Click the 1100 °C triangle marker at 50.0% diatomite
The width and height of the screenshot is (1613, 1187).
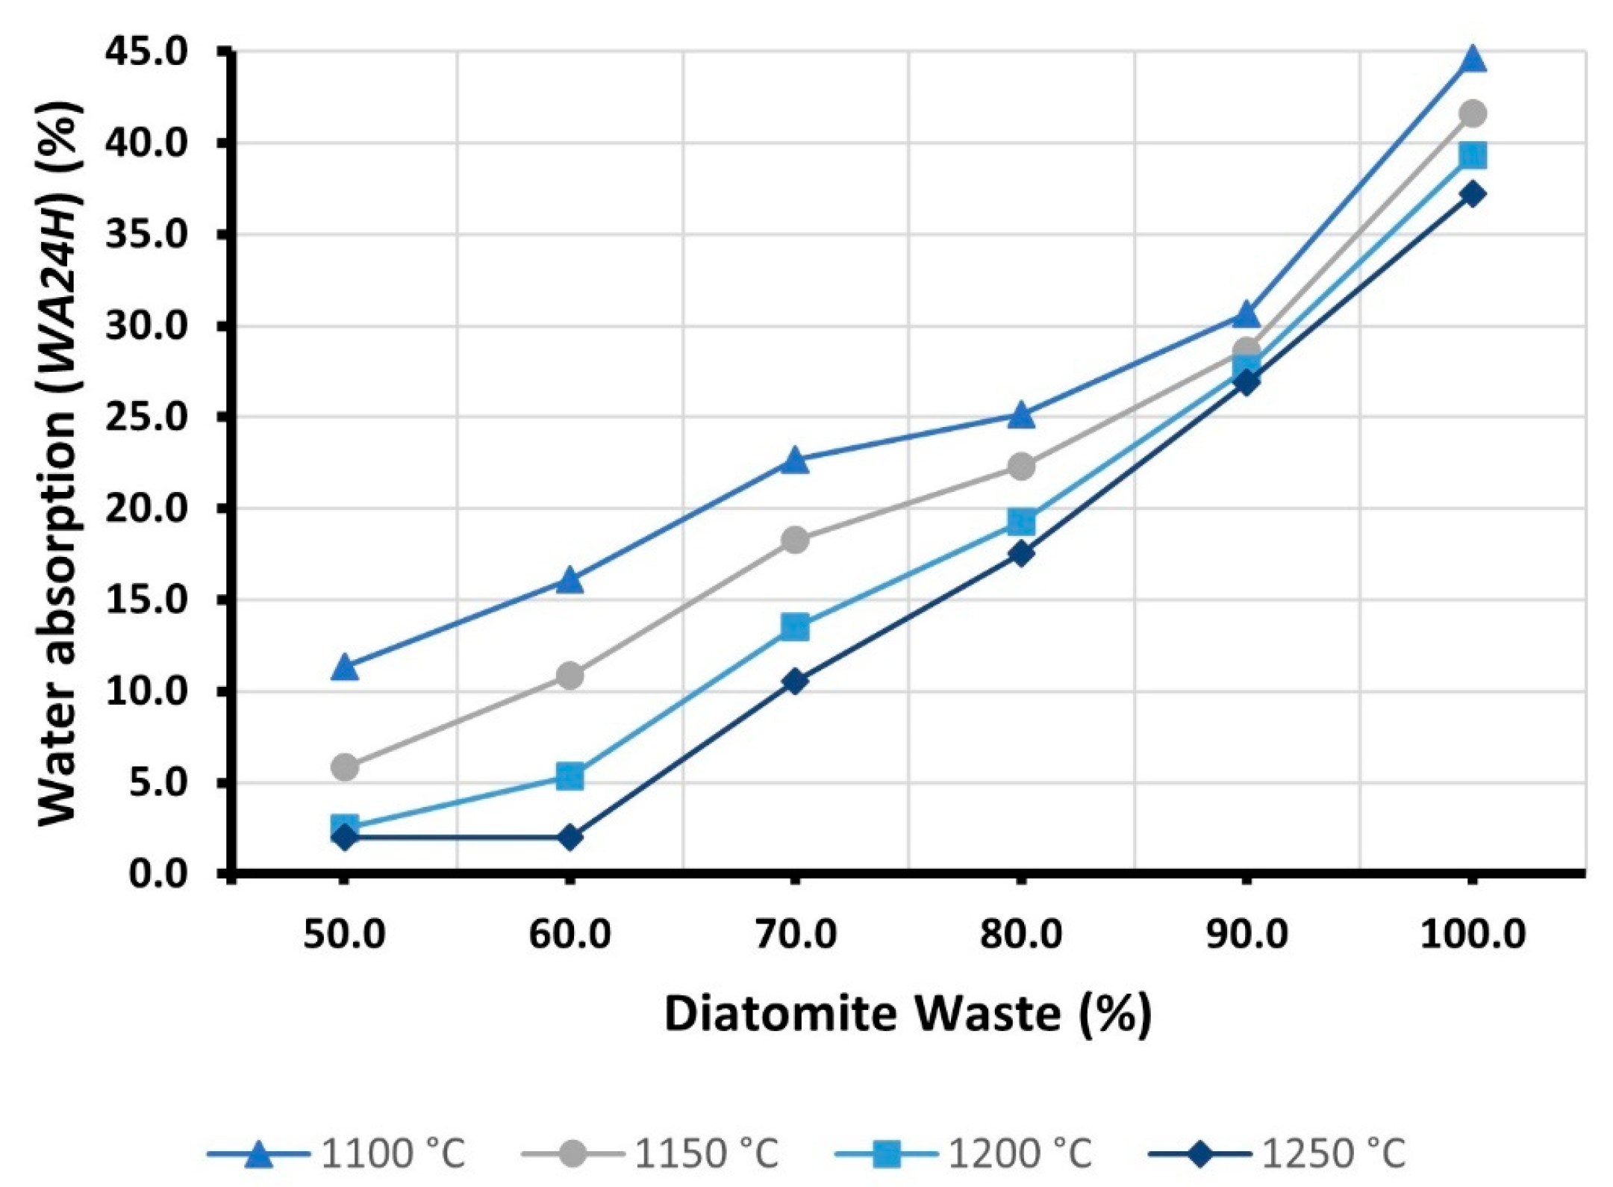tap(344, 667)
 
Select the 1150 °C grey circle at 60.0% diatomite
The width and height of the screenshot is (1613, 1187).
tap(570, 676)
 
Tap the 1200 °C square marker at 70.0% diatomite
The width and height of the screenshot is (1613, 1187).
tap(795, 628)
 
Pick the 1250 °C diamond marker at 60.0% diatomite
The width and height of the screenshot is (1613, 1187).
tap(570, 838)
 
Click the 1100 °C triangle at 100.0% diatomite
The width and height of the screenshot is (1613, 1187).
tap(1472, 59)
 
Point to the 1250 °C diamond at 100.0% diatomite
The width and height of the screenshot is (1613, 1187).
tap(1472, 194)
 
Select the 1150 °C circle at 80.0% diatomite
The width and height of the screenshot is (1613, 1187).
tap(1021, 467)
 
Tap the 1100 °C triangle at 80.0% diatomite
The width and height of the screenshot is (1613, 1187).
tap(1021, 415)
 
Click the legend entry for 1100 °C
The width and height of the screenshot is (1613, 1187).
tap(336, 1153)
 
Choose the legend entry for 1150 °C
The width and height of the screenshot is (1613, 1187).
tap(649, 1153)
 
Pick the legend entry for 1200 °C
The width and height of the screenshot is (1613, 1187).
tap(963, 1153)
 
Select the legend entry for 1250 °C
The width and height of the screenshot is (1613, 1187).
tap(1276, 1153)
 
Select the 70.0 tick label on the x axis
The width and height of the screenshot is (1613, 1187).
tap(795, 935)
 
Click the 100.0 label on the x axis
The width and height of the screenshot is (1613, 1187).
tap(1472, 935)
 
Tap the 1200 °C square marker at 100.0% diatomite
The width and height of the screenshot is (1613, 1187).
tap(1472, 156)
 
